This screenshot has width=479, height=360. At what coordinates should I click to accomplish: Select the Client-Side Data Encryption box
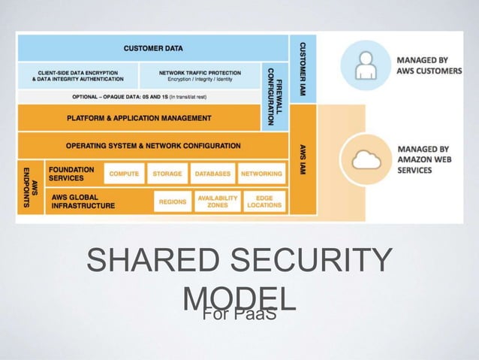(x=77, y=75)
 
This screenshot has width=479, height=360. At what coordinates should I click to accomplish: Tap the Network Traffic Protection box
(x=200, y=75)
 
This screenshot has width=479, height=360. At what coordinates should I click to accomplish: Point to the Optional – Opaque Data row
(x=139, y=97)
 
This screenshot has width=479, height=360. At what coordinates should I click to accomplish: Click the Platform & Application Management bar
(x=139, y=118)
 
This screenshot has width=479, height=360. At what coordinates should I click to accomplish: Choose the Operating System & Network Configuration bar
(x=152, y=145)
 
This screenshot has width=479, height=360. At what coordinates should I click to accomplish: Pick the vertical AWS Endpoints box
(x=30, y=187)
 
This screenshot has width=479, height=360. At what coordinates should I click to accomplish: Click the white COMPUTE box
(x=124, y=174)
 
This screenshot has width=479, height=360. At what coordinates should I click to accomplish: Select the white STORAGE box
(x=167, y=174)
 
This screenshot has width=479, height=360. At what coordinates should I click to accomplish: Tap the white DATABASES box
(x=212, y=174)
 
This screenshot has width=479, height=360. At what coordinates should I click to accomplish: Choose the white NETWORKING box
(x=262, y=174)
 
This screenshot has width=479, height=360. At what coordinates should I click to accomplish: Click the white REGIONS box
(x=173, y=201)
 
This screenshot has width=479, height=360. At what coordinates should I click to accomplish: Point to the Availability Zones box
(x=217, y=201)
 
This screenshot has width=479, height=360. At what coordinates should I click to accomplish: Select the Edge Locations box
(x=264, y=201)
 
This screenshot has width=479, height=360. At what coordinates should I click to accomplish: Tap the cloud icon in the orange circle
(x=365, y=159)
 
